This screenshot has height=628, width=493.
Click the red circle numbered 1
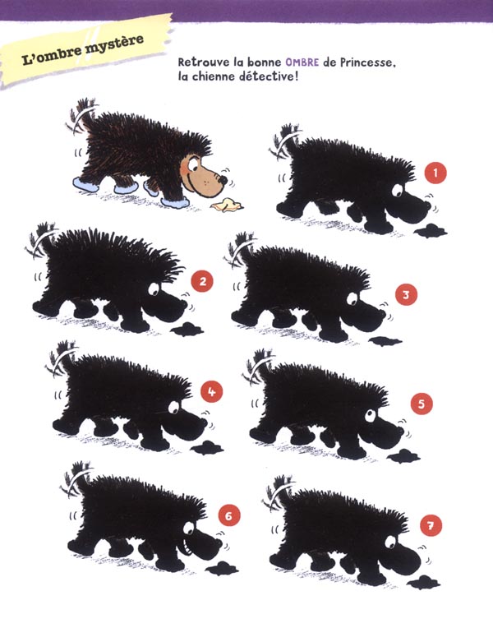[x=435, y=173]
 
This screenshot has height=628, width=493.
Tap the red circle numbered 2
[x=202, y=281]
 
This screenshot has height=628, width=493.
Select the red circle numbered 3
[x=406, y=295]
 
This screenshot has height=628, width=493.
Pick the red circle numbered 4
[x=211, y=391]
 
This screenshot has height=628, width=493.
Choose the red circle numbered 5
[x=422, y=404]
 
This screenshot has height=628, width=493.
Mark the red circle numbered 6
[x=229, y=515]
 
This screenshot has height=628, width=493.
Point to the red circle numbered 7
[x=431, y=525]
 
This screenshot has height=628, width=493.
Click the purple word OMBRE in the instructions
[x=302, y=62]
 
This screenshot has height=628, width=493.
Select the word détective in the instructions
[x=269, y=76]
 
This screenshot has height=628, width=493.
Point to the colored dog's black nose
[x=223, y=180]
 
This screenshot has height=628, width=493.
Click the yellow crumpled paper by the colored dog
[x=227, y=204]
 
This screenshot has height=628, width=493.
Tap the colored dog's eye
[x=193, y=164]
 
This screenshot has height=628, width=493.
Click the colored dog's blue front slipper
[x=175, y=202]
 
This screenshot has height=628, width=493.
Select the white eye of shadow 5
[x=371, y=415]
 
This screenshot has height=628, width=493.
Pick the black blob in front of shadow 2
[x=187, y=330]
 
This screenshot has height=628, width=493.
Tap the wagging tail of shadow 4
[x=63, y=360]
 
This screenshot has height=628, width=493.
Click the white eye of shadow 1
[x=398, y=191]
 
